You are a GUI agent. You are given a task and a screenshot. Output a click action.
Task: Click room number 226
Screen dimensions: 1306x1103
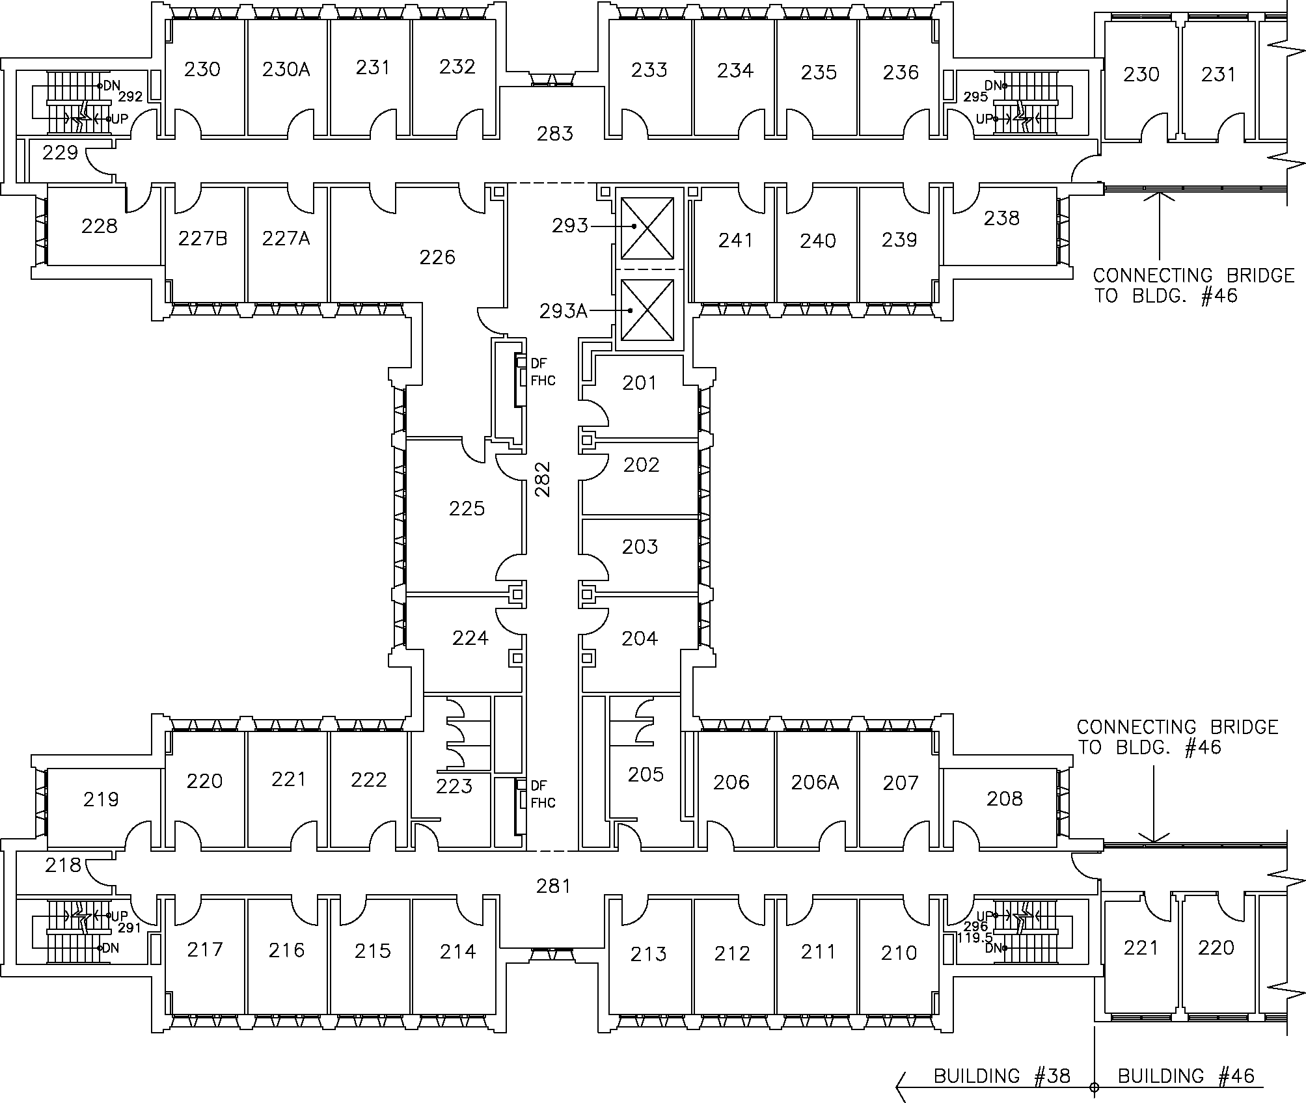tap(437, 258)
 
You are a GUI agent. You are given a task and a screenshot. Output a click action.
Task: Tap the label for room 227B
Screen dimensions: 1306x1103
tap(203, 239)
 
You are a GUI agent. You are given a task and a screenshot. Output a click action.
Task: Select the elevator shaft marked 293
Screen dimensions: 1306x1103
tap(647, 227)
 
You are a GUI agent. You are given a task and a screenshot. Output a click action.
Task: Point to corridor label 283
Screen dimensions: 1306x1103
tap(555, 134)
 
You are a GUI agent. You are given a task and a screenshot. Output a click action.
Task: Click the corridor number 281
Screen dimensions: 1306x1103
tap(554, 886)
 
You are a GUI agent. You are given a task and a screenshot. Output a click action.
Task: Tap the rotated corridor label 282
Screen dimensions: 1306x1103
tap(543, 480)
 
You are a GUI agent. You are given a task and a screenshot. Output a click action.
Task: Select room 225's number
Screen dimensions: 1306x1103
tap(467, 508)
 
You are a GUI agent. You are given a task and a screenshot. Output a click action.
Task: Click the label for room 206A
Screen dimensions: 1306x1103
tap(815, 782)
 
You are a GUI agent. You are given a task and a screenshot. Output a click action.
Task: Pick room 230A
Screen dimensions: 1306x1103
tap(286, 69)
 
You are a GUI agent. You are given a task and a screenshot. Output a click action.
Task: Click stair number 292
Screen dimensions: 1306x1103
tap(131, 97)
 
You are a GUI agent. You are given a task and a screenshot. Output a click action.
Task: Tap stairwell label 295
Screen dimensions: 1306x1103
tap(976, 97)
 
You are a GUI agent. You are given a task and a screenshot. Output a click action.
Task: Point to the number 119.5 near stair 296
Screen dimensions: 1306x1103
tap(974, 938)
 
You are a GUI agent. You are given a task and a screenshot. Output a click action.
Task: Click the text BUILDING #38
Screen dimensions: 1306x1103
tap(1002, 1076)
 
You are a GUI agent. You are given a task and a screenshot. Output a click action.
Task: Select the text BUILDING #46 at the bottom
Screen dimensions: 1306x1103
tap(1186, 1076)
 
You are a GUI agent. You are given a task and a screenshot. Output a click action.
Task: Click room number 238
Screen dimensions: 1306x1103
tap(1001, 218)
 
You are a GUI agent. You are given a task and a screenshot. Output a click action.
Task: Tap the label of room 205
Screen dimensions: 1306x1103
tap(646, 774)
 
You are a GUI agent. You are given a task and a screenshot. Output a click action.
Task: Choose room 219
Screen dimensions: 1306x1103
tap(101, 799)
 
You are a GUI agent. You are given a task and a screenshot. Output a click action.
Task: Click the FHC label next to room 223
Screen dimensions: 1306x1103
tap(543, 803)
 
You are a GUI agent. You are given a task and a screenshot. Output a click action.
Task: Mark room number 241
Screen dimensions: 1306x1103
tap(735, 241)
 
